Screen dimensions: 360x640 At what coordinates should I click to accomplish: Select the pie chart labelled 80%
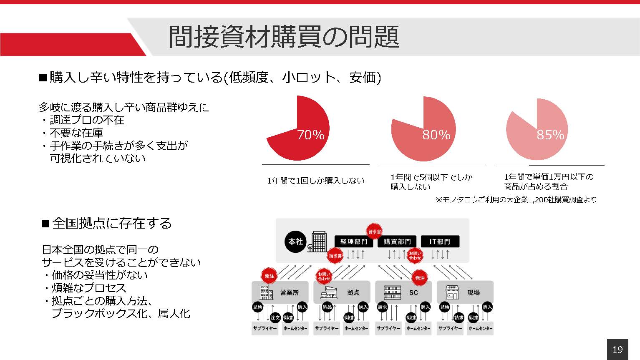point(423,129)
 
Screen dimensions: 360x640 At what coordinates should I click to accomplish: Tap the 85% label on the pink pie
point(550,135)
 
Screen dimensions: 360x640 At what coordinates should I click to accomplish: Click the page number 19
point(617,350)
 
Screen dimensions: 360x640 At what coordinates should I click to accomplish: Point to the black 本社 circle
point(295,242)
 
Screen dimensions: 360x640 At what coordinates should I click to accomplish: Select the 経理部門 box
point(354,242)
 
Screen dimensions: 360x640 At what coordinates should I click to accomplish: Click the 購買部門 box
point(397,242)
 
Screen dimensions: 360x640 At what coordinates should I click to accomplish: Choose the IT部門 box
point(440,242)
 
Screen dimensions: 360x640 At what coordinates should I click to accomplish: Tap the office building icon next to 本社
point(318,242)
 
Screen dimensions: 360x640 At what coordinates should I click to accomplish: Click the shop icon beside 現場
point(453,292)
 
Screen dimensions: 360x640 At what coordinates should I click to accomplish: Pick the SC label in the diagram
point(413,292)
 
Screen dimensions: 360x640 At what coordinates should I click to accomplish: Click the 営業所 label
point(290,292)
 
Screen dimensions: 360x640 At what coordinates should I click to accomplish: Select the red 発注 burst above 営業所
point(270,276)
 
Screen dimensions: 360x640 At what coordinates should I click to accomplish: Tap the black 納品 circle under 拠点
point(327,307)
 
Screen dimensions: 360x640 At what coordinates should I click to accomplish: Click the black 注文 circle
point(275,317)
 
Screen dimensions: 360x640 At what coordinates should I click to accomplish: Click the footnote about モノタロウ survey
point(516,200)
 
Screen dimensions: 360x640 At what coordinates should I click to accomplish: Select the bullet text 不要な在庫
point(76,133)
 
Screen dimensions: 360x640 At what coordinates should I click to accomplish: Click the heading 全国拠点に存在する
point(112,223)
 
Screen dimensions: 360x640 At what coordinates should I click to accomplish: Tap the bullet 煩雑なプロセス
point(88,288)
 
